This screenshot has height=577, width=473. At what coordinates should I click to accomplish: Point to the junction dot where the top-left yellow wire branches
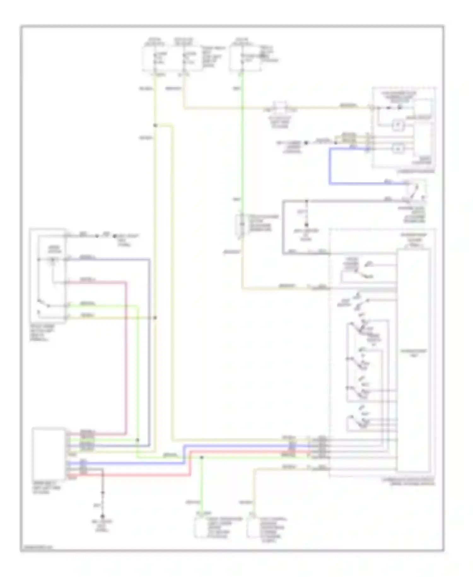click(155, 126)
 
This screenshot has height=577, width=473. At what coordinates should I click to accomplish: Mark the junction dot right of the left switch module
click(155, 318)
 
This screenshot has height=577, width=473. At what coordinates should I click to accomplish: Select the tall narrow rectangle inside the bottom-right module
click(413, 360)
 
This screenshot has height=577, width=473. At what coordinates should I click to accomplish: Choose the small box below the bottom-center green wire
click(201, 528)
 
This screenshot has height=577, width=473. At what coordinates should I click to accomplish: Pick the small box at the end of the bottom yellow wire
click(253, 528)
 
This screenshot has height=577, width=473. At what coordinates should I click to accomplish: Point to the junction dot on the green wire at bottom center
click(202, 457)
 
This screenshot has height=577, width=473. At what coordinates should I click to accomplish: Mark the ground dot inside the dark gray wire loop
click(306, 225)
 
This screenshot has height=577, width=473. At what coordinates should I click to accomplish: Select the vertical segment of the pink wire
click(126, 357)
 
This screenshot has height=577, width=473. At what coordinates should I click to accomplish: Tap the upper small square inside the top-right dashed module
click(398, 125)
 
